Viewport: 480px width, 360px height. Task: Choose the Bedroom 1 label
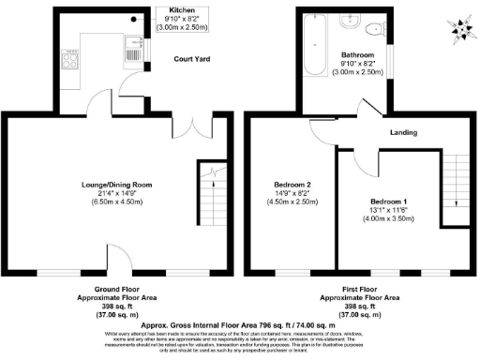click(388, 202)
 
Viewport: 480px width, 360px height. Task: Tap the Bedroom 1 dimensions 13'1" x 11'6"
click(388, 211)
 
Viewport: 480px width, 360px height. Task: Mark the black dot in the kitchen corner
click(135, 18)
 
